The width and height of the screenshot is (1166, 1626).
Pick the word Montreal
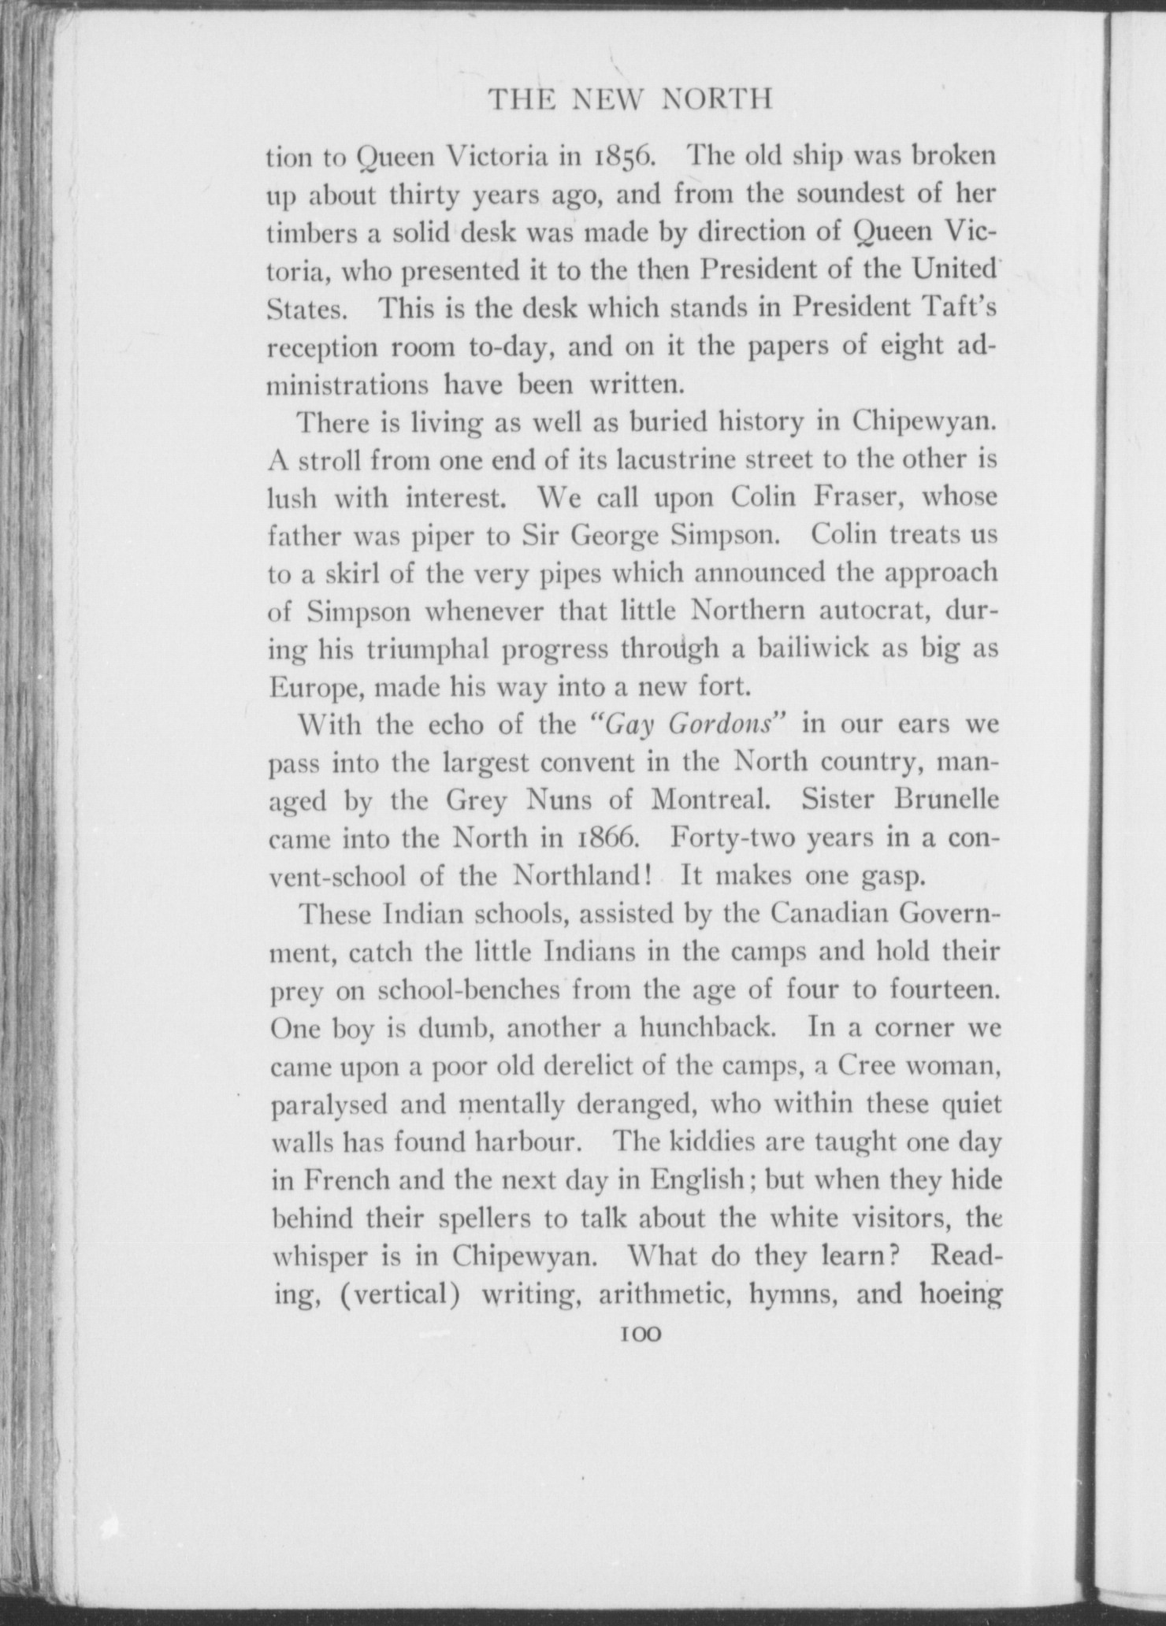[707, 800]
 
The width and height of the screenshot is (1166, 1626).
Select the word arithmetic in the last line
[667, 1294]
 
